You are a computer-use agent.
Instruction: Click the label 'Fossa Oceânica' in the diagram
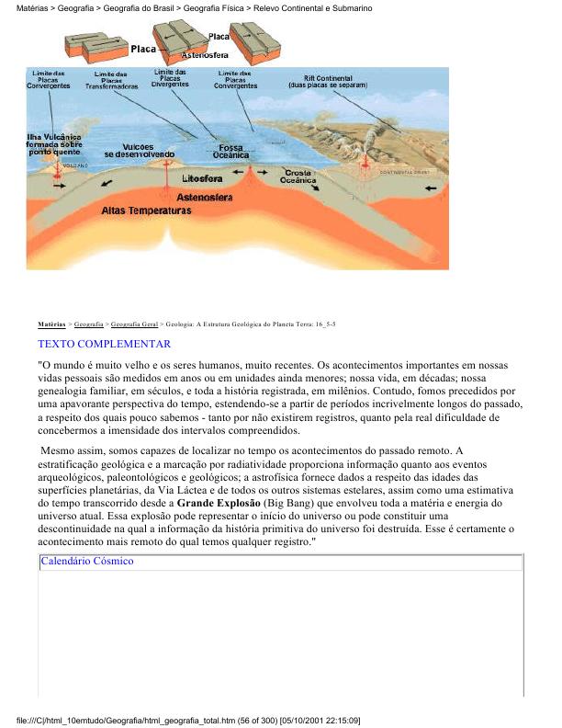point(230,152)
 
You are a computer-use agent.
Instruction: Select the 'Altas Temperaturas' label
point(146,210)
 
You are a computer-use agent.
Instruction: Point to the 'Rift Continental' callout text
point(328,81)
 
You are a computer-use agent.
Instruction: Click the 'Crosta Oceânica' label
point(299,177)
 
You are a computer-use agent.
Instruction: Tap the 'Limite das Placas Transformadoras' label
point(111,81)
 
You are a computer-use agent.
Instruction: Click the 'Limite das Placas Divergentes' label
point(172,78)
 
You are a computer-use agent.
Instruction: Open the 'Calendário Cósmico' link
point(87,561)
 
